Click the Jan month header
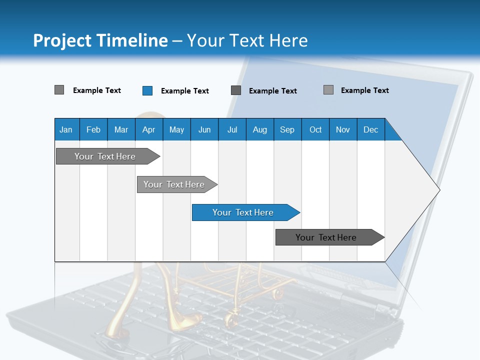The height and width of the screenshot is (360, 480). pos(66,129)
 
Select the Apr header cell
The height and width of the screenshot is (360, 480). pos(149,129)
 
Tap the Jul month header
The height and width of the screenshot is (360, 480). pos(232,129)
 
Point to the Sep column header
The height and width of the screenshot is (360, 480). pos(287,129)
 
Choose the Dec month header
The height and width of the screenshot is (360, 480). pos(370,129)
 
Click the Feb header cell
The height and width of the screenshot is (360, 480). pos(93,129)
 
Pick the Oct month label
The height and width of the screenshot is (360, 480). pos(315,129)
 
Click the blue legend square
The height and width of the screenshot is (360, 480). pos(147,90)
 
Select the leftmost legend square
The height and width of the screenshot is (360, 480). pos(59,90)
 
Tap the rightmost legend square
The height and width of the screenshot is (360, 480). pos(328,90)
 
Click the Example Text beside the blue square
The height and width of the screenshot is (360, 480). pos(184,91)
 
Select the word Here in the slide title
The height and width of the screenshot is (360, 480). pos(288,40)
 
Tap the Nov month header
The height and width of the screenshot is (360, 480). pos(343,129)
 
